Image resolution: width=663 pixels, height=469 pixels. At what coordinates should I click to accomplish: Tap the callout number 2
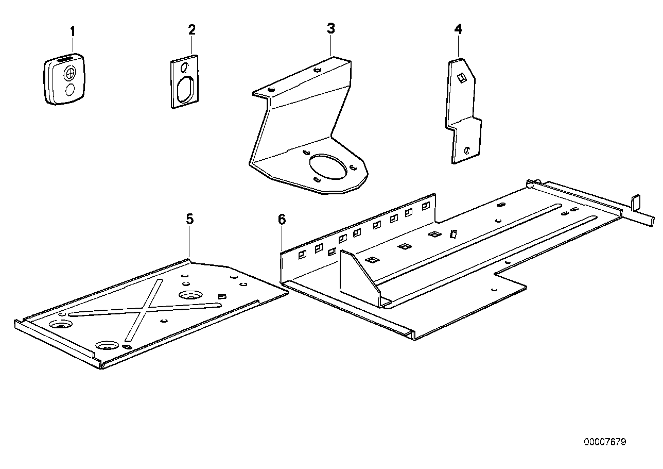click(192, 29)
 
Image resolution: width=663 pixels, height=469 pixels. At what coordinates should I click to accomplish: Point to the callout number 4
click(458, 29)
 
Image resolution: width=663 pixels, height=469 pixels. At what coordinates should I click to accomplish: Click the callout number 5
click(190, 219)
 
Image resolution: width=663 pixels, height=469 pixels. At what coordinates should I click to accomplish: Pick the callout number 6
click(281, 220)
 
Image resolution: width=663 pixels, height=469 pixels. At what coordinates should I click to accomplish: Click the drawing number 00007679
click(605, 442)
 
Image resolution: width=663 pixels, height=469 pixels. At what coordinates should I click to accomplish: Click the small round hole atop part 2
click(185, 67)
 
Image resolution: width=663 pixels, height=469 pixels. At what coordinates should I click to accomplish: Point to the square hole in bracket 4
click(462, 77)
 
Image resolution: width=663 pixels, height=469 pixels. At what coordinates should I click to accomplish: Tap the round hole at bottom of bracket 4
click(466, 150)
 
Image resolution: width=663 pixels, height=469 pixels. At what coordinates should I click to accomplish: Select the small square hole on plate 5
click(222, 296)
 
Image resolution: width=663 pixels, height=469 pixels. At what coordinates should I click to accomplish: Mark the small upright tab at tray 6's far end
click(635, 202)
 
